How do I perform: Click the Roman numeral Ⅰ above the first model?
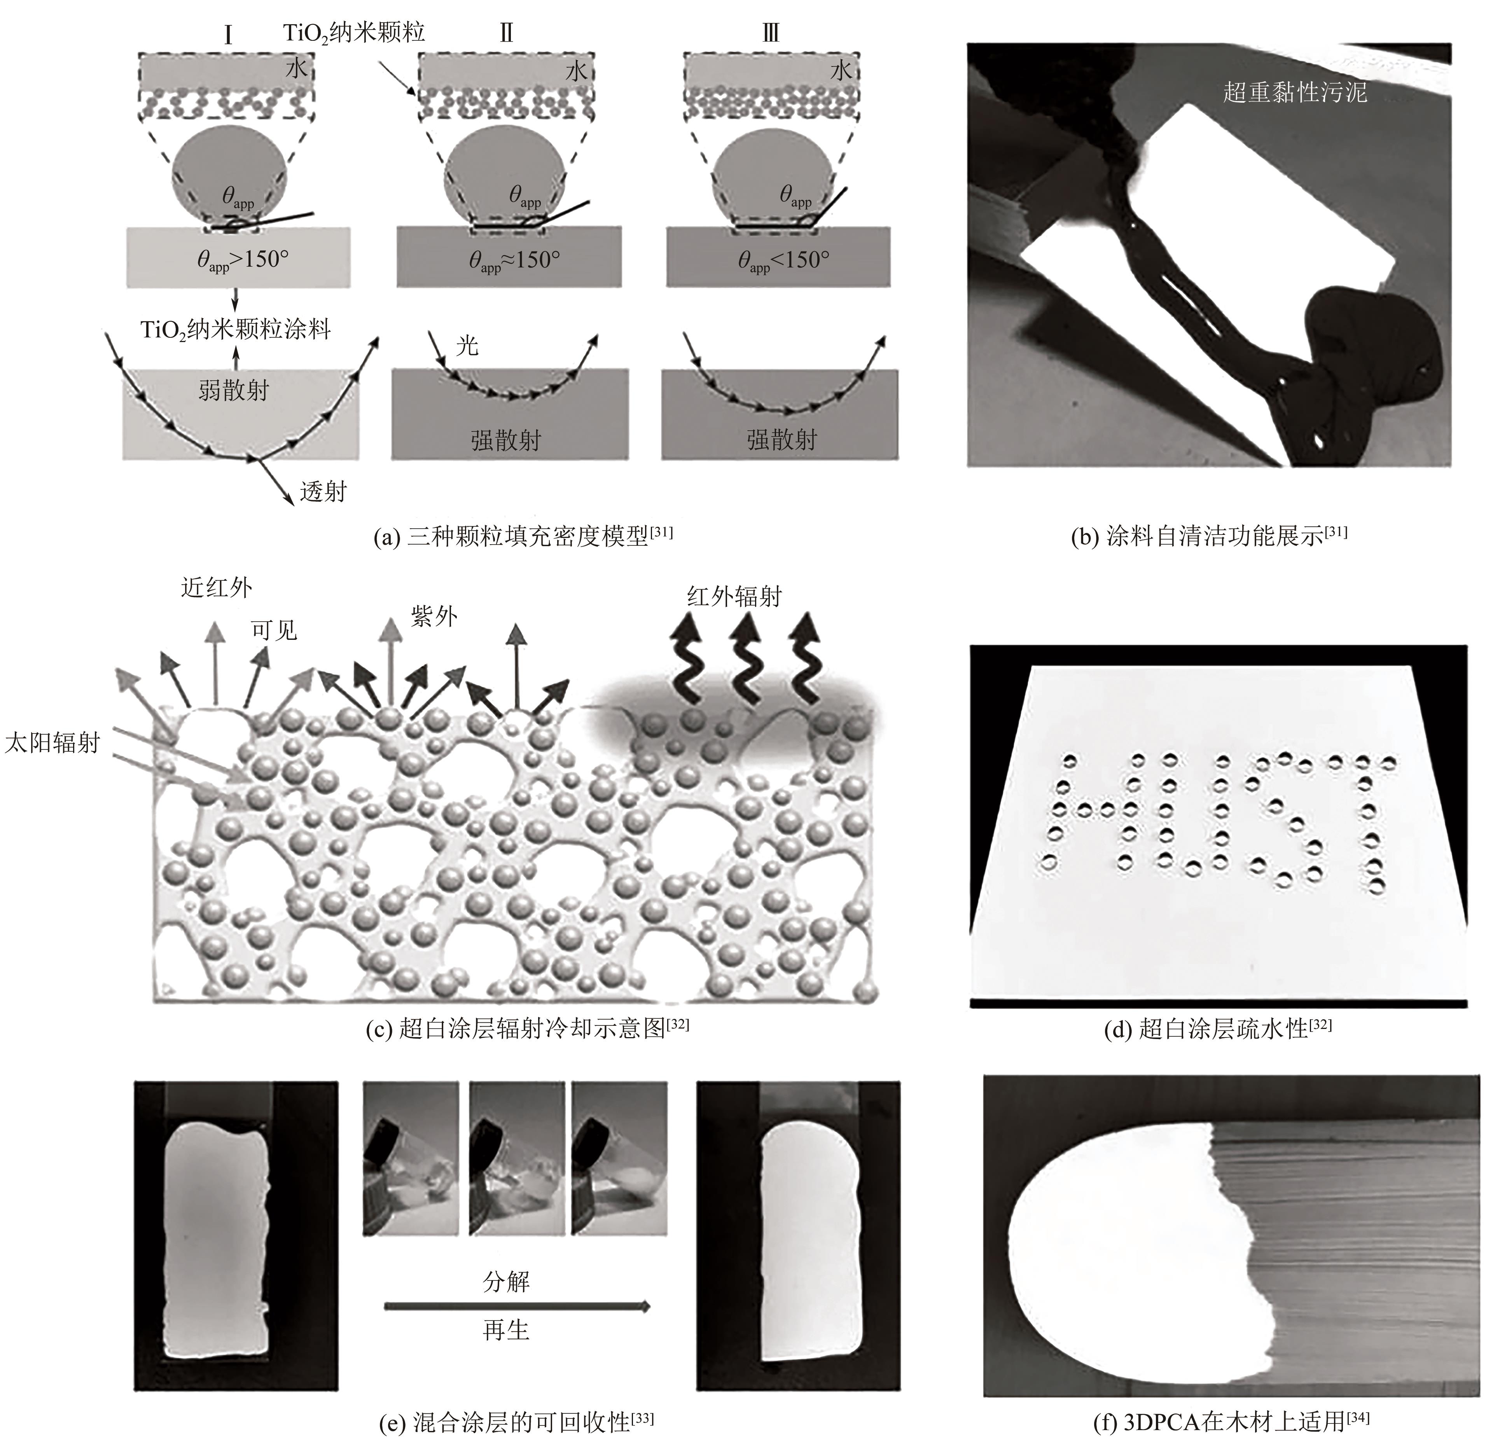[228, 34]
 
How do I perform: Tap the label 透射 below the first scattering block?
[323, 492]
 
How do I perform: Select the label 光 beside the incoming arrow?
[467, 346]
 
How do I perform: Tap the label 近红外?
[216, 587]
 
